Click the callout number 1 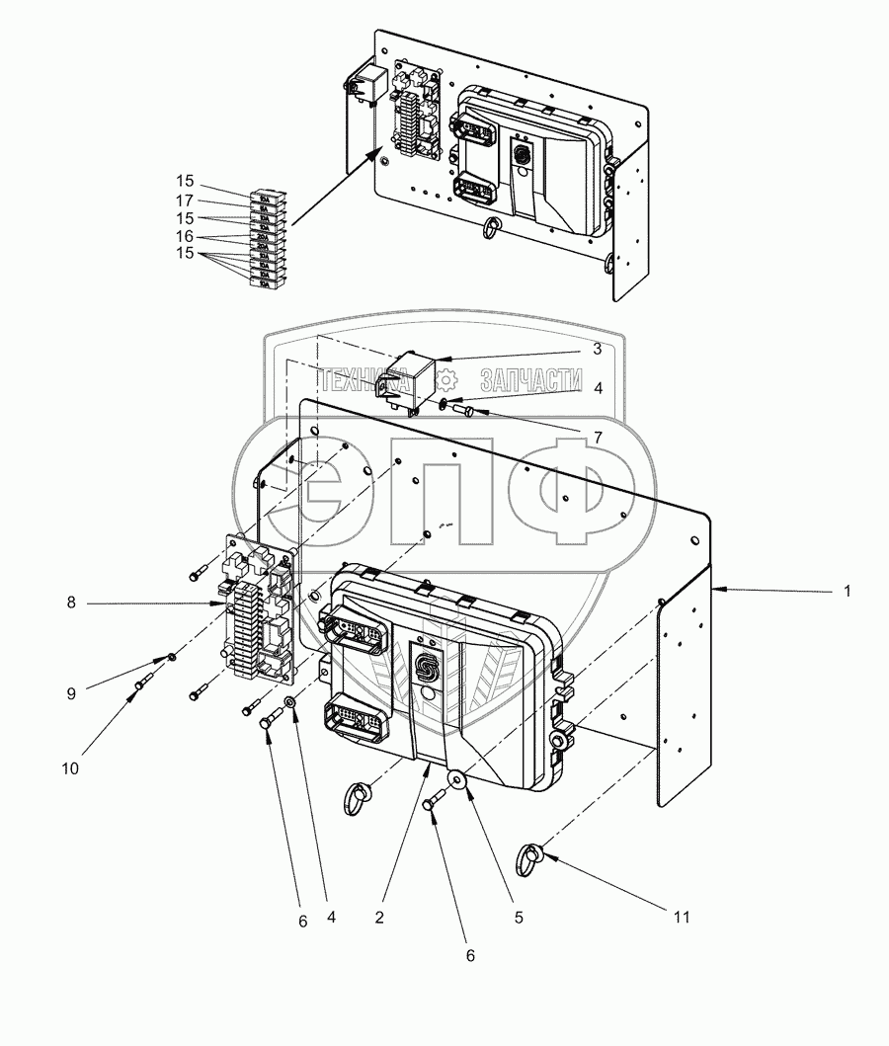click(x=846, y=592)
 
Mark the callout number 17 click(x=185, y=201)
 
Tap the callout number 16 click(x=185, y=238)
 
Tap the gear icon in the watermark click(x=446, y=378)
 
